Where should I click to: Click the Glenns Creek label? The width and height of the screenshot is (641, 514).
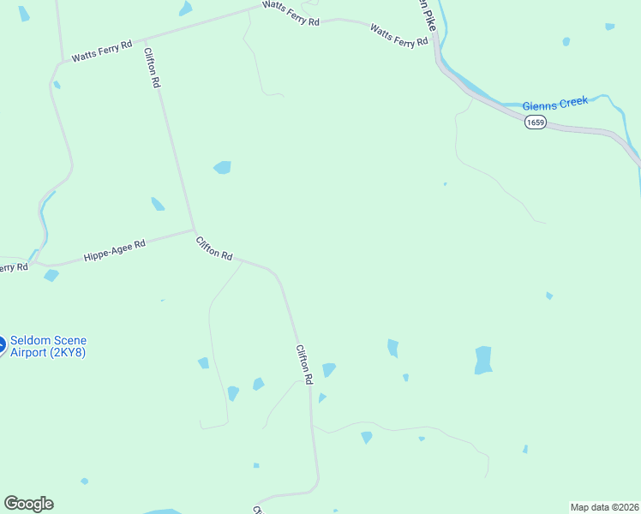[x=555, y=103]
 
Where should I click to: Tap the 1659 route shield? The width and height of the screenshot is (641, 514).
[x=536, y=123]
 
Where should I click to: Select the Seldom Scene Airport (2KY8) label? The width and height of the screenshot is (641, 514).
[x=48, y=346]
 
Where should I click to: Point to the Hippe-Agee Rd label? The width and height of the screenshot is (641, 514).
[x=115, y=250]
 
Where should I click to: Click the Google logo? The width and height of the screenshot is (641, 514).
[x=28, y=504]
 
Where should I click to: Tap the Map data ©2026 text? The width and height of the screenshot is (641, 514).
[x=604, y=506]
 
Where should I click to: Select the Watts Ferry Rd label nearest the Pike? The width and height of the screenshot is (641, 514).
[x=398, y=36]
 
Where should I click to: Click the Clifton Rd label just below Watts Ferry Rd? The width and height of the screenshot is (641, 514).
[x=153, y=68]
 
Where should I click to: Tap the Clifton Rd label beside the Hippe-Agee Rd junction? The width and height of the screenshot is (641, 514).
[x=214, y=248]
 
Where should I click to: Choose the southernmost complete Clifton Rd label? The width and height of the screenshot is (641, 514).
[x=303, y=364]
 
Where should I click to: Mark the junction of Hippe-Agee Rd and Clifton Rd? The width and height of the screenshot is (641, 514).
[x=195, y=230]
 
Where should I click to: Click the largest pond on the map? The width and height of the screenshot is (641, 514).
[x=483, y=360]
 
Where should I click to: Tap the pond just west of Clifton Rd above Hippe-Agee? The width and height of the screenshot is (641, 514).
[x=158, y=204]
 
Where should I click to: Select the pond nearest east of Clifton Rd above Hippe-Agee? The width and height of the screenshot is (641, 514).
[x=222, y=167]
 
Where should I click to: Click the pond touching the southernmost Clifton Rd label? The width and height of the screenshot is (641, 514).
[x=328, y=369]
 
